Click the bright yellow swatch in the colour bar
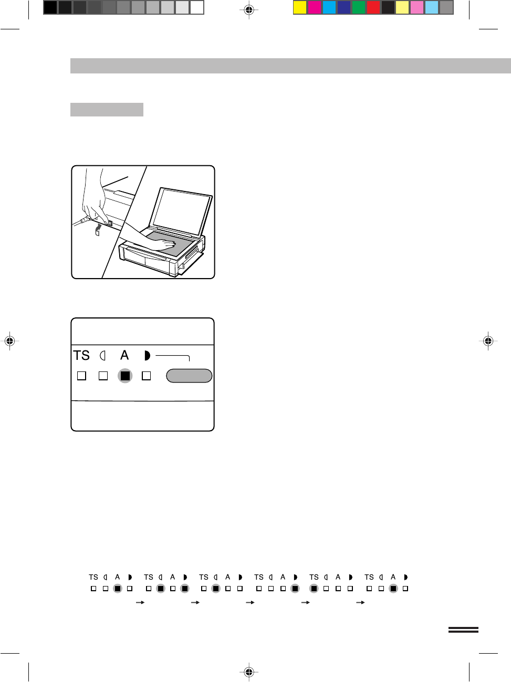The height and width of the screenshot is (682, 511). [300, 7]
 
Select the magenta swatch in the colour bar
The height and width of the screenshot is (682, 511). [315, 7]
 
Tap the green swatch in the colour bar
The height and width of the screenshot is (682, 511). [359, 7]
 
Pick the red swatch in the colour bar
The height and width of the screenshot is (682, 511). [373, 7]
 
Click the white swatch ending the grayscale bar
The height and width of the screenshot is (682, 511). [197, 7]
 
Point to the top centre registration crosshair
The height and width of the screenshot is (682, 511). [249, 10]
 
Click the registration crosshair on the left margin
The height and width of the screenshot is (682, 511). [10, 341]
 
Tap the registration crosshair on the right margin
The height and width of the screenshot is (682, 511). [488, 341]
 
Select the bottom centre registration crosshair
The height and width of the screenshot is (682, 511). [249, 672]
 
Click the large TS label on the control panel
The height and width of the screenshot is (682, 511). [81, 356]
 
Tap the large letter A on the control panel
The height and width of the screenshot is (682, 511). [124, 355]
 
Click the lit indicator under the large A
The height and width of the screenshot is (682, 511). [125, 376]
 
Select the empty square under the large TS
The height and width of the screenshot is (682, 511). [81, 376]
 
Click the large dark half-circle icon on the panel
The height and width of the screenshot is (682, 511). [148, 356]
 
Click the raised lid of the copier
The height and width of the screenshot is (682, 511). [180, 212]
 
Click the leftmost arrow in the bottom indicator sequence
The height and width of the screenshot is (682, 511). [140, 602]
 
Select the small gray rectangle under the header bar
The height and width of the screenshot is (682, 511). [107, 110]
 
